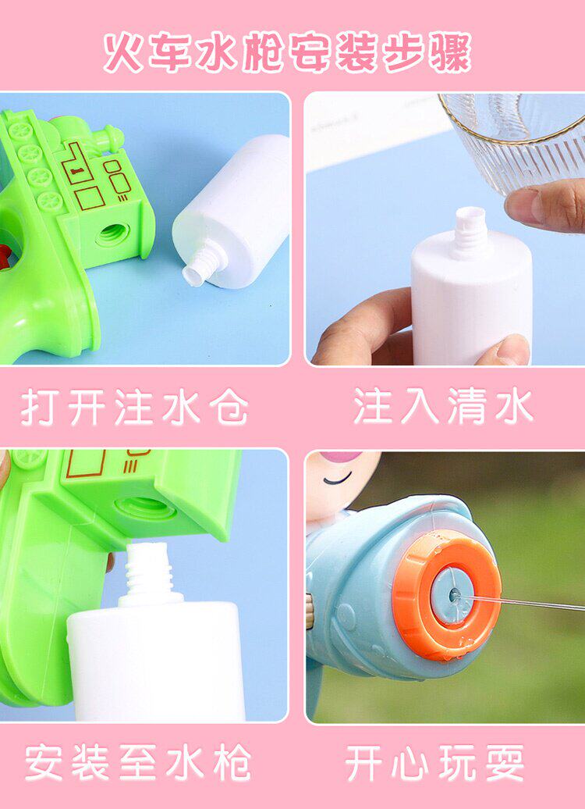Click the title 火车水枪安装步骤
(x=287, y=52)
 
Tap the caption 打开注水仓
(x=135, y=407)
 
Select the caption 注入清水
(x=444, y=407)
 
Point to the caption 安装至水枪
(x=138, y=763)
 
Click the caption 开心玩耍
(x=435, y=763)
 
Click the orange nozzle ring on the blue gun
(x=446, y=594)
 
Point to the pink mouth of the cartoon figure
(x=341, y=457)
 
